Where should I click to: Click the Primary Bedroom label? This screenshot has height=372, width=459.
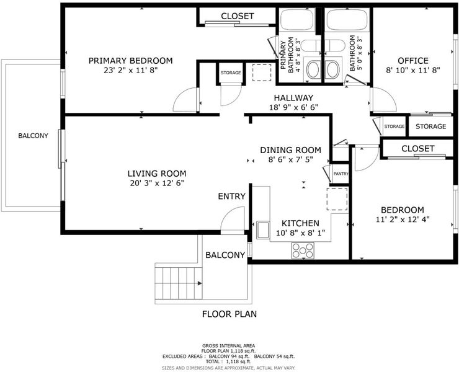click(130, 61)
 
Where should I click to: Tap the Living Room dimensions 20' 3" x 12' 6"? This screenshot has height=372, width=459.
click(157, 184)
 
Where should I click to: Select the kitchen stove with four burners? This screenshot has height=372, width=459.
click(303, 250)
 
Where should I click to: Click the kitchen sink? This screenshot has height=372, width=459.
click(263, 230)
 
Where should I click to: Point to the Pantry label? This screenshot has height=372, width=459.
click(341, 174)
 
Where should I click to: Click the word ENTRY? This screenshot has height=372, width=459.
click(231, 197)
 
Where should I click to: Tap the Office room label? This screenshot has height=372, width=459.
click(413, 61)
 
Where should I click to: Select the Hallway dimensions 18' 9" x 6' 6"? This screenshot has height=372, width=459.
click(293, 107)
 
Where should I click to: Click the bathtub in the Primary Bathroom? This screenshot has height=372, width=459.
click(297, 20)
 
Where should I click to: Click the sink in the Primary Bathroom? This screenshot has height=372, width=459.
click(313, 69)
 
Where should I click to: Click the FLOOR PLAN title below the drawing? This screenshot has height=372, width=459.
click(229, 314)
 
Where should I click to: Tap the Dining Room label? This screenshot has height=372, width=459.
click(291, 150)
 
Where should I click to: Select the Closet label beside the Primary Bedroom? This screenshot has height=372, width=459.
click(238, 16)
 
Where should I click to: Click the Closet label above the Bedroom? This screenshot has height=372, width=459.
click(417, 149)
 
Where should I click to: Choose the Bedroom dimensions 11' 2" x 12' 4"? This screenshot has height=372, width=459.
click(403, 219)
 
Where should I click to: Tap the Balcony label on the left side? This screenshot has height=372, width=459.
click(33, 136)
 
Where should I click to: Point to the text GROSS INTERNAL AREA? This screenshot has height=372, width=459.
click(229, 346)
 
